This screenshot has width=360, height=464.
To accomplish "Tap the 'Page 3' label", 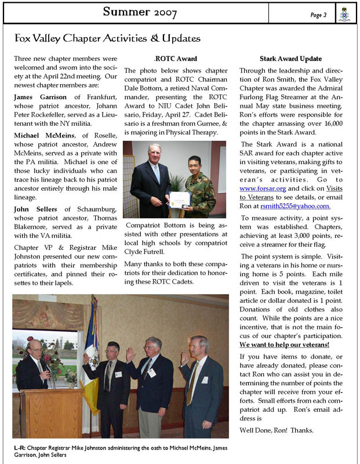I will (x=318, y=15).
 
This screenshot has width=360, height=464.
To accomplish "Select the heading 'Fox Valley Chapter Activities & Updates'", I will (x=107, y=39).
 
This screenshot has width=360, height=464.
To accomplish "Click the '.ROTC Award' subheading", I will (x=176, y=59).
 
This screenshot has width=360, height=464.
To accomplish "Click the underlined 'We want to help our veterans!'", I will (x=285, y=345).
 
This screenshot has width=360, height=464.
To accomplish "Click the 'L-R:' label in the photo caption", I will (x=20, y=447).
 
